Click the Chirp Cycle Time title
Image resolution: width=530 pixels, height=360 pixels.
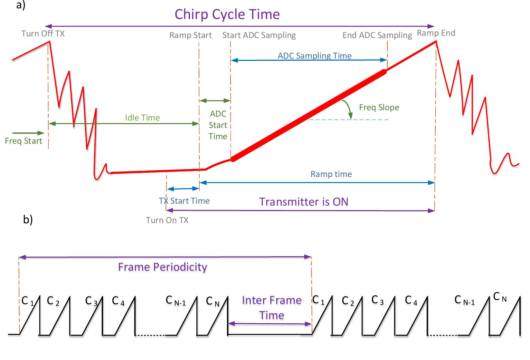tap(227, 14)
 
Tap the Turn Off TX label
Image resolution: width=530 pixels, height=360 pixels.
tap(43, 34)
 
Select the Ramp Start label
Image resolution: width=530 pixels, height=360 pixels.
tap(190, 35)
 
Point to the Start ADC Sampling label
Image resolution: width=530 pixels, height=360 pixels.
tap(259, 35)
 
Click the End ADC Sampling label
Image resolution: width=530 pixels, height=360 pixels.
tap(377, 35)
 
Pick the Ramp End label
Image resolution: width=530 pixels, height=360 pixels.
tap(436, 33)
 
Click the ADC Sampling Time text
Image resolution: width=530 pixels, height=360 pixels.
tap(315, 56)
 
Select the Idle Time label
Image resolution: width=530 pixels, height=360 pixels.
tap(142, 118)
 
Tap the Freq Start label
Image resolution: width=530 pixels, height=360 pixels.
tap(24, 141)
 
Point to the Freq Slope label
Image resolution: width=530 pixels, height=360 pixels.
tap(379, 107)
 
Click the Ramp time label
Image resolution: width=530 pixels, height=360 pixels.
tap(331, 174)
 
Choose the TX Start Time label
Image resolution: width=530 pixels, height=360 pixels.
tap(184, 201)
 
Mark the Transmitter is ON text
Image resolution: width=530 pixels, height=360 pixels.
tap(304, 202)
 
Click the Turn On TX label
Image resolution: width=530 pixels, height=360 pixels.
tap(167, 220)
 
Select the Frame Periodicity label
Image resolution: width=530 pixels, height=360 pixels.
tap(162, 267)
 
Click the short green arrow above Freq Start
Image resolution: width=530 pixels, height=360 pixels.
tap(28, 133)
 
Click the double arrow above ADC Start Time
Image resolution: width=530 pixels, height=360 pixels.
tap(215, 101)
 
